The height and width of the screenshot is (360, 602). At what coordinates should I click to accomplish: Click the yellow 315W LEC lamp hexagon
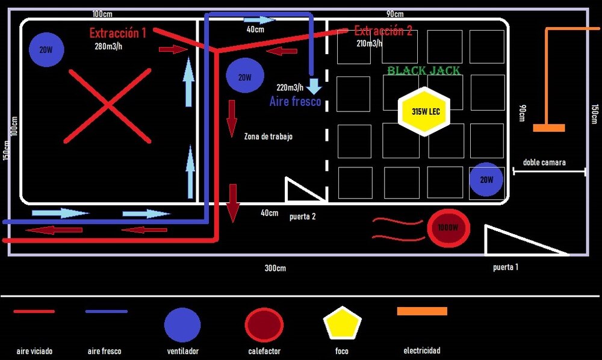(x=424, y=111)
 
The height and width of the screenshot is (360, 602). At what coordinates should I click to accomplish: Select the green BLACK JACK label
(x=424, y=71)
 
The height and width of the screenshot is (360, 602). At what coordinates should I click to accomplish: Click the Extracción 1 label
(x=118, y=33)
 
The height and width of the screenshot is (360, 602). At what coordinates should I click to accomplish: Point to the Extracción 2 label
(x=383, y=31)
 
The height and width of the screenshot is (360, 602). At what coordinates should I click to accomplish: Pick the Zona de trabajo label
(x=268, y=137)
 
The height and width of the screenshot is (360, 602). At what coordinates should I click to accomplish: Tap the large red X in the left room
(x=108, y=106)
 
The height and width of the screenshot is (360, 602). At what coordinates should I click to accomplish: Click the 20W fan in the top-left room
(x=46, y=50)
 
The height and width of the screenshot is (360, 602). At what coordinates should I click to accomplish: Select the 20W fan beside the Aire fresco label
(x=244, y=76)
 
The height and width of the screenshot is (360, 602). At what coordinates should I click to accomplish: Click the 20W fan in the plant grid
(x=486, y=179)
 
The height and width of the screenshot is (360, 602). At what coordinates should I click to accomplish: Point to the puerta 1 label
(x=505, y=267)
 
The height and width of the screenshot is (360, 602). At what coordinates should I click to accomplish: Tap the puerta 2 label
(x=302, y=217)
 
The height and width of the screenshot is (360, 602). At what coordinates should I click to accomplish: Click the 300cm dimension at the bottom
(x=275, y=268)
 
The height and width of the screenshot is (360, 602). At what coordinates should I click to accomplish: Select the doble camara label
(x=544, y=163)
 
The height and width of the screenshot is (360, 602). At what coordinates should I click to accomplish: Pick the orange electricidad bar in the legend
(x=422, y=311)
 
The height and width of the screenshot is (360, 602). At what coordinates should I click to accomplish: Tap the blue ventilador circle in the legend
(x=182, y=324)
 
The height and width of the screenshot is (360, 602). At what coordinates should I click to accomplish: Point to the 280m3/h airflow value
(x=109, y=46)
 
